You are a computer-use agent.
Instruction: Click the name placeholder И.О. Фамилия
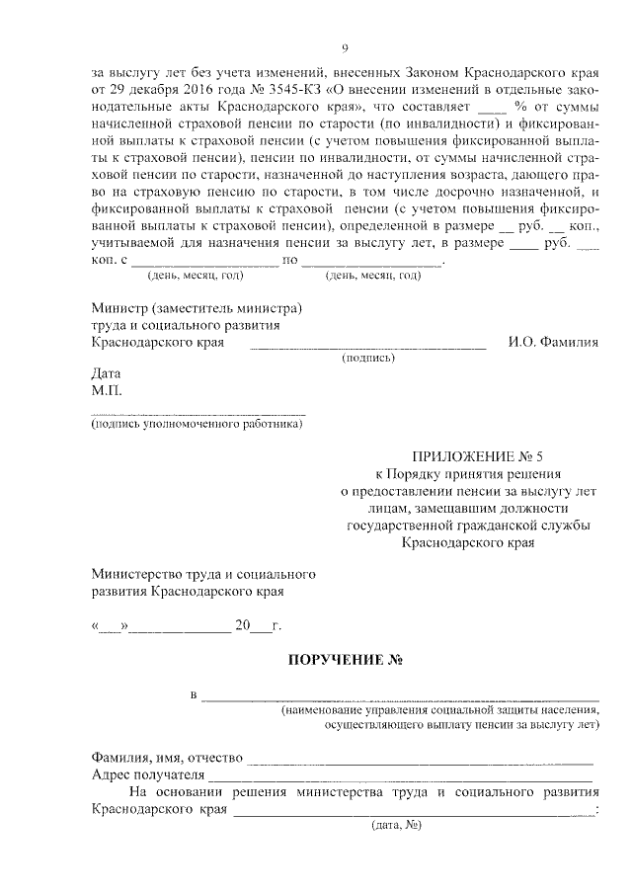coord(554,343)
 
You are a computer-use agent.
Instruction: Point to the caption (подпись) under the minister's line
coord(368,359)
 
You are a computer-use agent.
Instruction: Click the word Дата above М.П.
coord(105,374)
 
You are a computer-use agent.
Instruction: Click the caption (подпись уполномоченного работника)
coord(196,425)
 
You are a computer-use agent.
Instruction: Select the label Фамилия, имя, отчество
coord(167,758)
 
